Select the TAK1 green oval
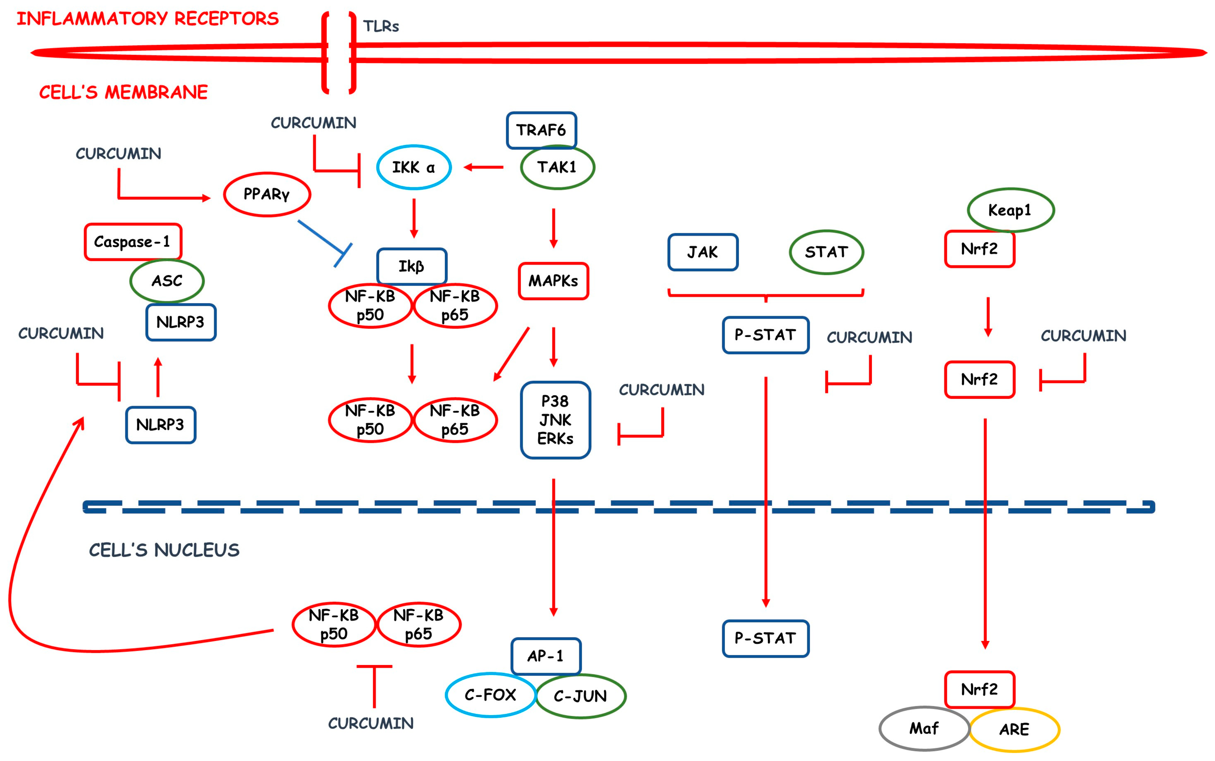557,167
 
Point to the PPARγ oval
267,194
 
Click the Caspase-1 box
132,242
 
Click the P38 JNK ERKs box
555,420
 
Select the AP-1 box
545,656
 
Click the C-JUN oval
581,696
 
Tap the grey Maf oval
924,728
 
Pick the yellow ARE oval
1014,729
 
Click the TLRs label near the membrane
381,26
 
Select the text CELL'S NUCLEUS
164,550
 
